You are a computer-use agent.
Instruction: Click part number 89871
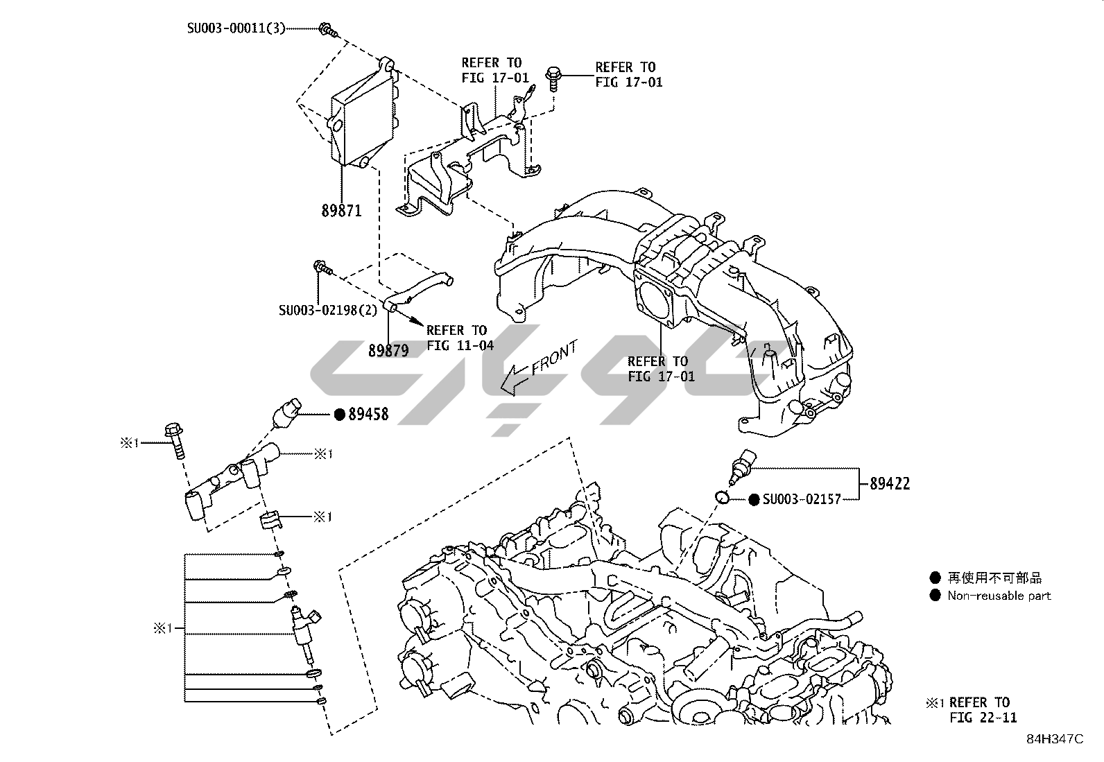341,210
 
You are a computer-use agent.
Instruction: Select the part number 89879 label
388,351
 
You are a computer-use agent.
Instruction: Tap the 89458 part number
368,415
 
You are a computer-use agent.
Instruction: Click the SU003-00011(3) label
236,29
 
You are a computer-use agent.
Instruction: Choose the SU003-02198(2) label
328,310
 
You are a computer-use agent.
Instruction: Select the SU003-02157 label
802,499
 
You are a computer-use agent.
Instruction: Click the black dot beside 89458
340,415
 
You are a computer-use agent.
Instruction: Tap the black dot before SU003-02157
754,499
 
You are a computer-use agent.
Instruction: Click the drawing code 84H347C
1055,739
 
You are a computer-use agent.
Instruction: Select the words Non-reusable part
999,596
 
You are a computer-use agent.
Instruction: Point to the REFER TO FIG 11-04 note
457,338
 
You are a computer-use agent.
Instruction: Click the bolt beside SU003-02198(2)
322,267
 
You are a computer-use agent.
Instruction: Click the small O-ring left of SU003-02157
722,496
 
